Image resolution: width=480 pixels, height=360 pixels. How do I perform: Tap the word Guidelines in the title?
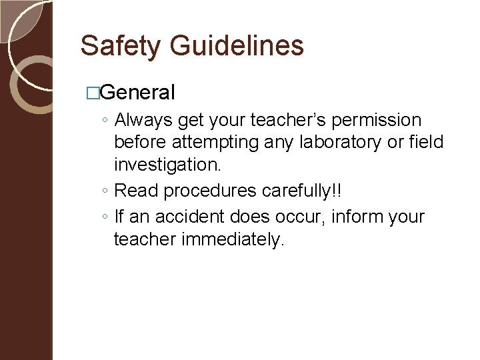(237, 46)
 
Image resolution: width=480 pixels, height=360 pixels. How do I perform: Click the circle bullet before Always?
(105, 121)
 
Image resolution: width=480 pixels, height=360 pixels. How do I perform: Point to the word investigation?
(166, 164)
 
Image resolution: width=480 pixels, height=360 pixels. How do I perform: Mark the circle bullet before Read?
(105, 192)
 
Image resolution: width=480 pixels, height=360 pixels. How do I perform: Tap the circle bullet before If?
(105, 217)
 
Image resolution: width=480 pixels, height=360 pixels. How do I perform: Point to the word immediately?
(233, 239)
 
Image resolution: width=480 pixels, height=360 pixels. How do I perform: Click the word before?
(141, 142)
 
